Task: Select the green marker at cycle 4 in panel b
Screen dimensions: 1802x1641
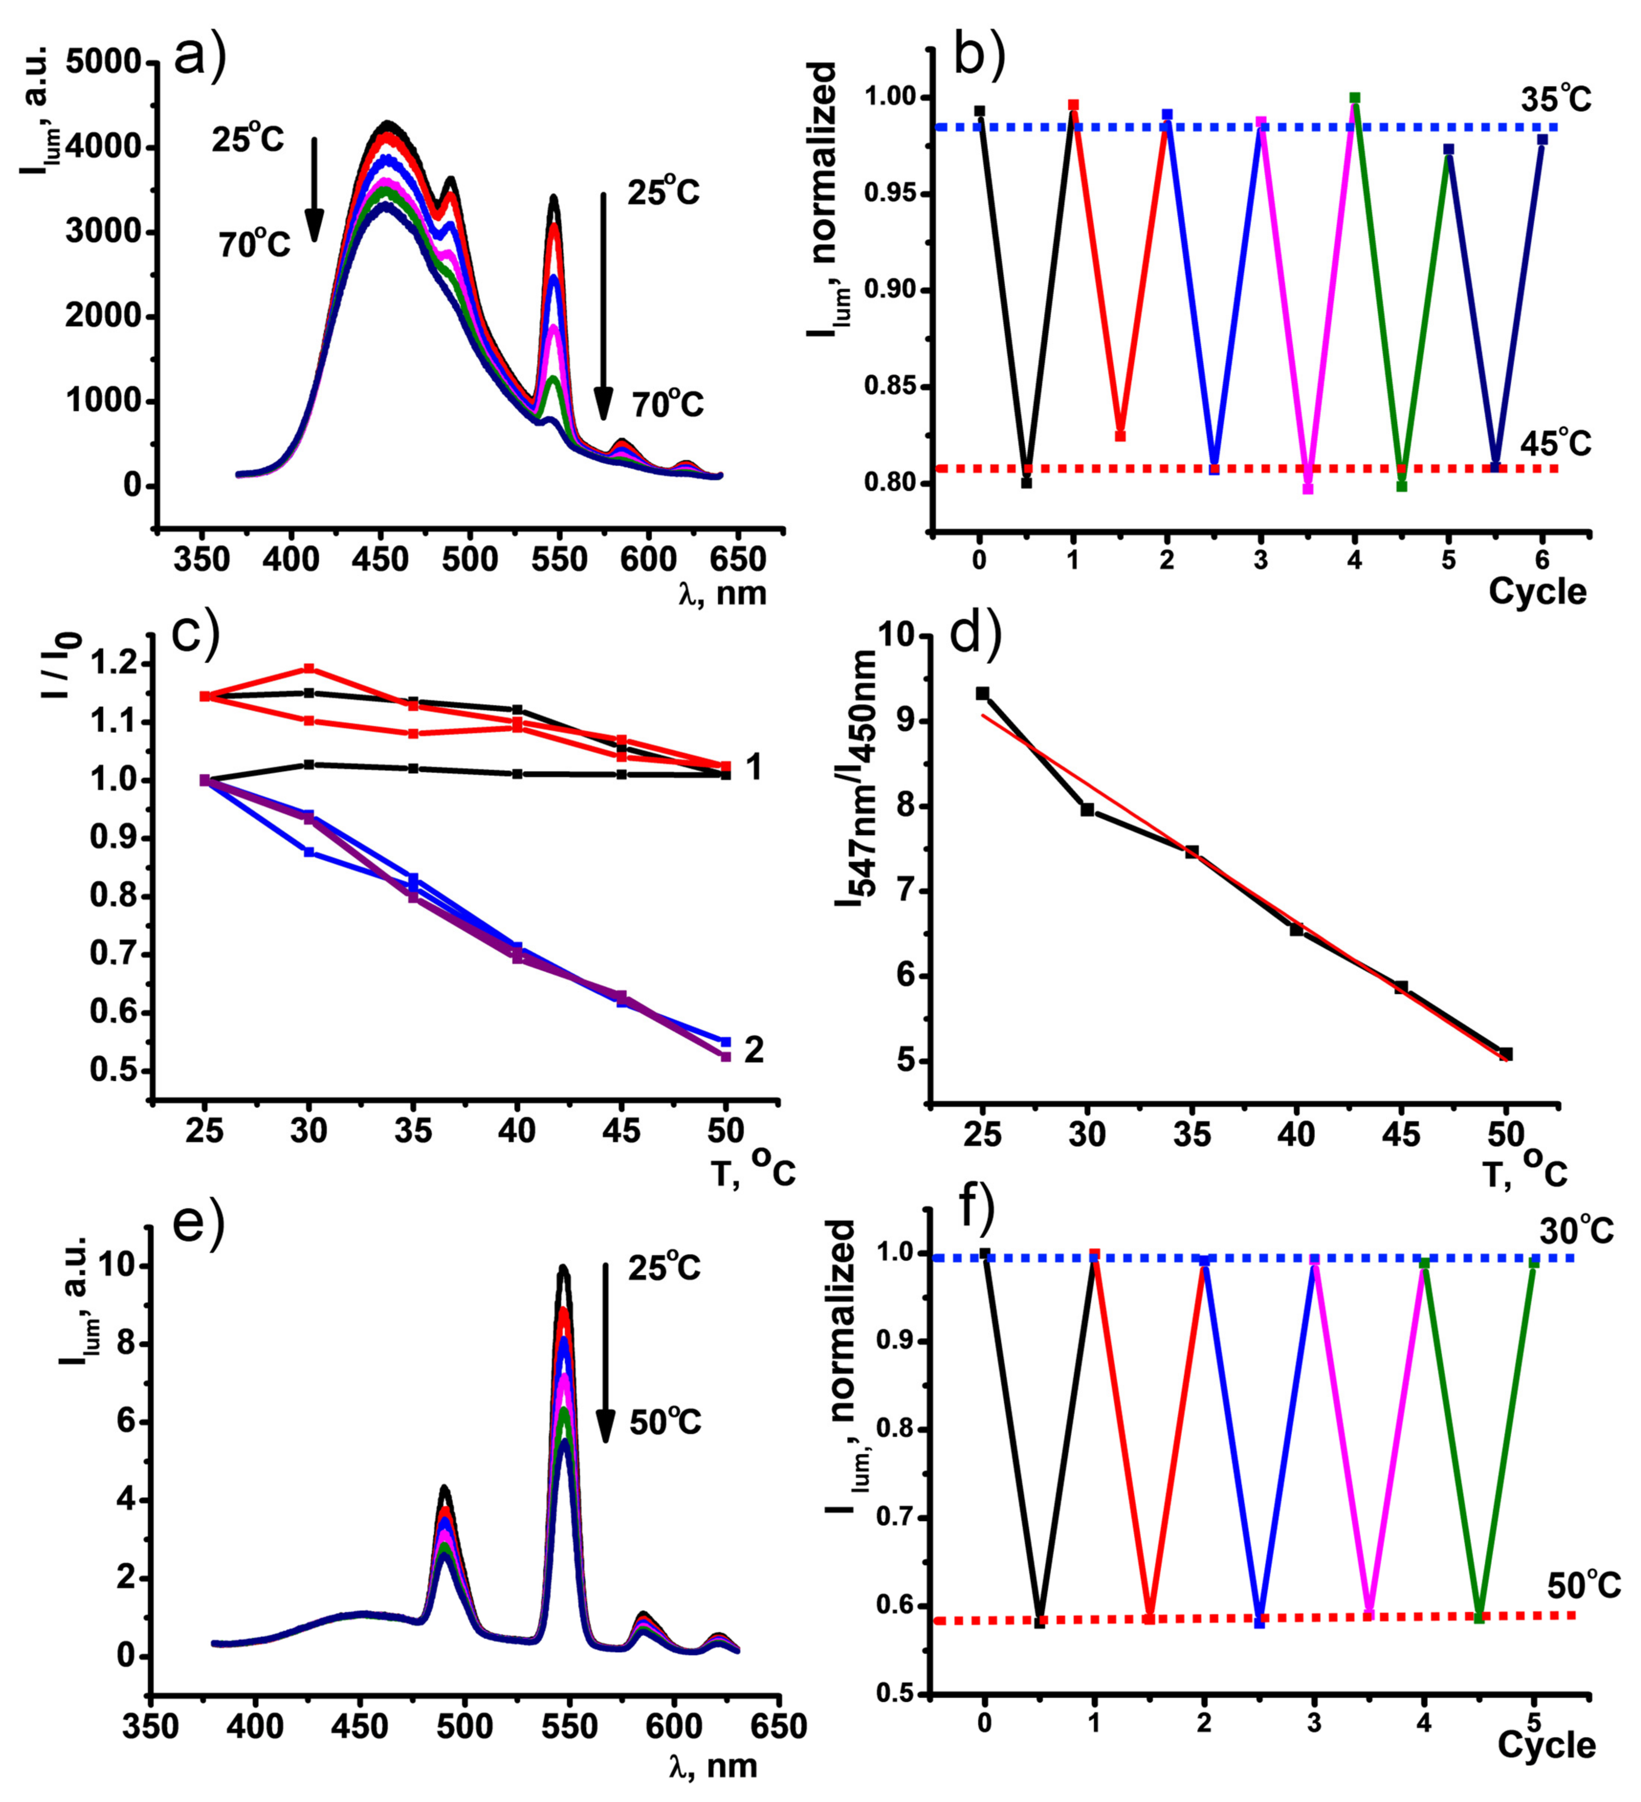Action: [1355, 97]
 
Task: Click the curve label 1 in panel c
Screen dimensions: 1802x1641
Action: [754, 767]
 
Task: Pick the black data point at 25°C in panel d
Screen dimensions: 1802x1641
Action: [982, 693]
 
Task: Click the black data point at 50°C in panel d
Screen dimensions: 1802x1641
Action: [1506, 1054]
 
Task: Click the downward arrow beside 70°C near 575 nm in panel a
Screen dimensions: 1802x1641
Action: [603, 304]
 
